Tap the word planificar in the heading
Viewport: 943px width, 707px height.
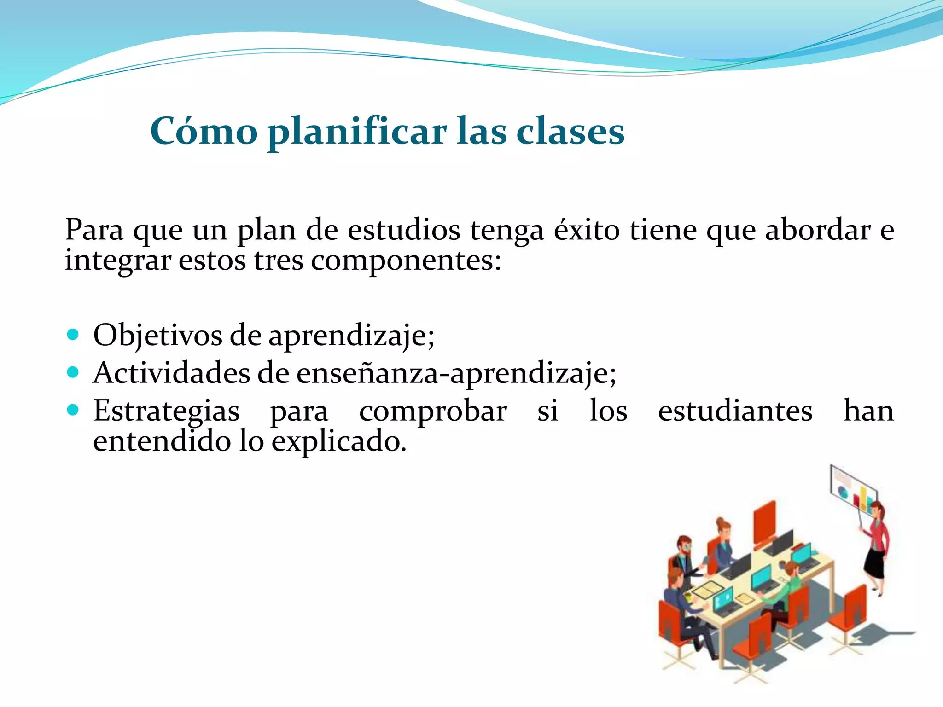pyautogui.click(x=357, y=133)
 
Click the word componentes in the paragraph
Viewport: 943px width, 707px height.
pyautogui.click(x=405, y=261)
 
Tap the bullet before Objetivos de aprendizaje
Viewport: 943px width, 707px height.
pyautogui.click(x=73, y=334)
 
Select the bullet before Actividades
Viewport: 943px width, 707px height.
pyautogui.click(x=73, y=372)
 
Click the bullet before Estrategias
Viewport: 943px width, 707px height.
pyautogui.click(x=73, y=410)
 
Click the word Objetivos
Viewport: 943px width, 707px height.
pyautogui.click(x=157, y=335)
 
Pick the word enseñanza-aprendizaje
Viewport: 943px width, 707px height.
pyautogui.click(x=456, y=373)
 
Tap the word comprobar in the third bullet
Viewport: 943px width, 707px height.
pyautogui.click(x=433, y=411)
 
